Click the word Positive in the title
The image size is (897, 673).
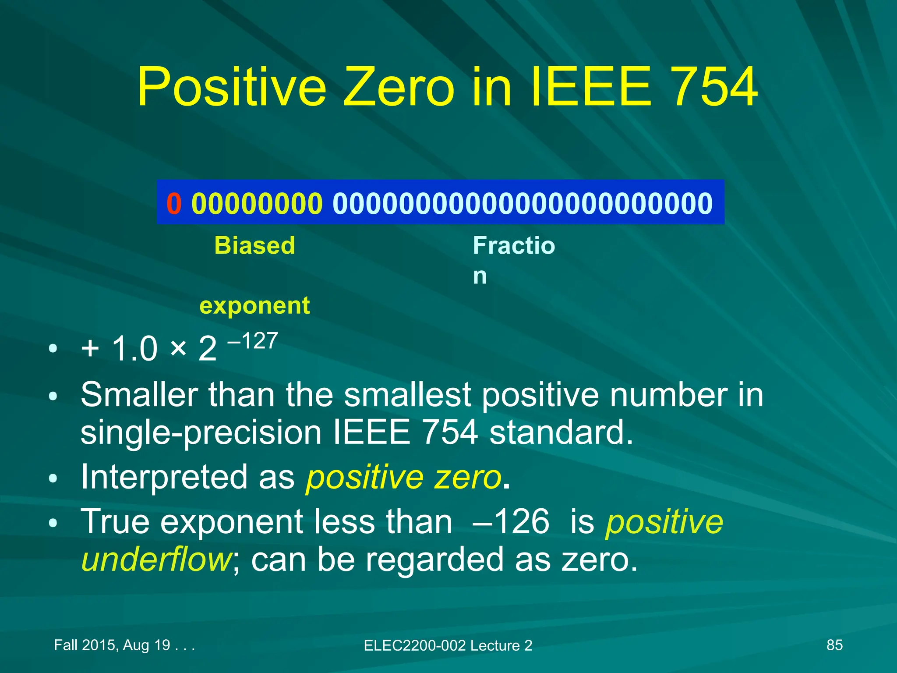tap(232, 87)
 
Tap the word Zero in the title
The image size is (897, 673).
tap(399, 87)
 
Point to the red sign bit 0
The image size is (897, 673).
tap(174, 203)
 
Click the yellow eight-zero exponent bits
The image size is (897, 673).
tap(257, 203)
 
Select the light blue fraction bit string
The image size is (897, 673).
tap(523, 203)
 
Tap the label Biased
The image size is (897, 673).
tap(254, 245)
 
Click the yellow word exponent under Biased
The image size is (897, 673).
tap(254, 305)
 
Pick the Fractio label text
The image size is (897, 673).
tap(514, 245)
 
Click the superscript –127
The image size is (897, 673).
tap(253, 340)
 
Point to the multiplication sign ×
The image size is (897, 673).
tap(178, 348)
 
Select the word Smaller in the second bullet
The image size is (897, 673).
tap(139, 394)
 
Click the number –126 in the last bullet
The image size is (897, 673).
tap(511, 521)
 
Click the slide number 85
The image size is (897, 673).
tap(834, 645)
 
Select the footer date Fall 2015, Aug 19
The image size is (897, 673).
tap(112, 645)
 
